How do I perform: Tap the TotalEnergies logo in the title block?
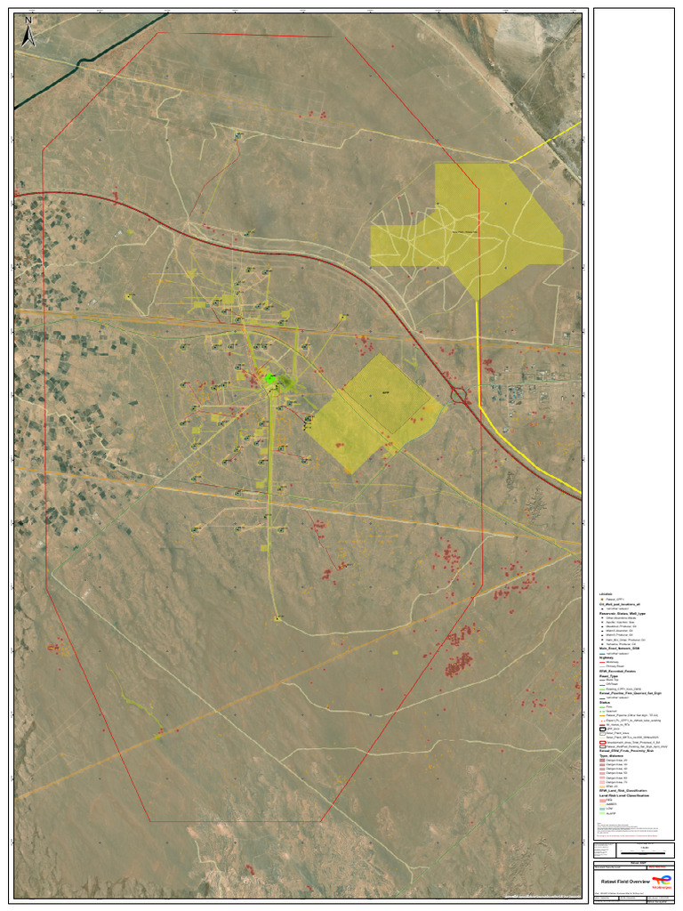663,881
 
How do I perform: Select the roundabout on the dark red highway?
461,396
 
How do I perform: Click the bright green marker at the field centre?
271,380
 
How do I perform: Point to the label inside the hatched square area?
385,392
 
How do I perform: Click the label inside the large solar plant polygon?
466,232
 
